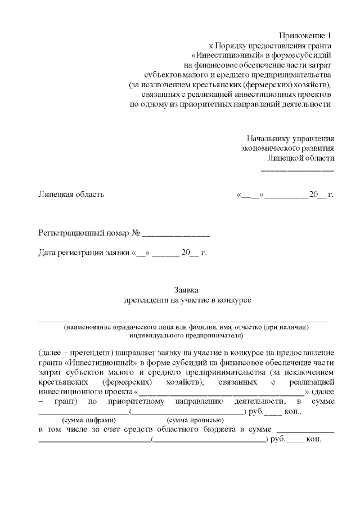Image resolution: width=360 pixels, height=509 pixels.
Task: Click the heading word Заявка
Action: point(186,290)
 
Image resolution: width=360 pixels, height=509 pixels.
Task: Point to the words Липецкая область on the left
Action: point(71,195)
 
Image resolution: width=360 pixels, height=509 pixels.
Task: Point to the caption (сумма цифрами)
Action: point(88,420)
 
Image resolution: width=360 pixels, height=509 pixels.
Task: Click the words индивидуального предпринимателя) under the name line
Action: point(186,335)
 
